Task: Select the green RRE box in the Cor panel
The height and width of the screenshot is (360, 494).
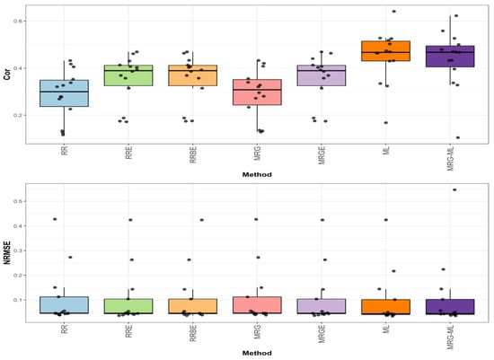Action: point(128,75)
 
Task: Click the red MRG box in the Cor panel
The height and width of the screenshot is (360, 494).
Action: point(257,92)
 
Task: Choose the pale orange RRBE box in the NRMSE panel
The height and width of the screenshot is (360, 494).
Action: point(193,306)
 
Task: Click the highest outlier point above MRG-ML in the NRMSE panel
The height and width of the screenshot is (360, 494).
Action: point(454,190)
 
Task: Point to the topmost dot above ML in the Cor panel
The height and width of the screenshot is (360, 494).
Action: point(393,12)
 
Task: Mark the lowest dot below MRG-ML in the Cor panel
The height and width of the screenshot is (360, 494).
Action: point(458,137)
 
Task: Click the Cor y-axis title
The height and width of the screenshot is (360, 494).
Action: point(7,75)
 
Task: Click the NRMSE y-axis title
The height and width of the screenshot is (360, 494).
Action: point(7,249)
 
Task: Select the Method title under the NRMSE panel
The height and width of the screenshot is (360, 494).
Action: point(257,353)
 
